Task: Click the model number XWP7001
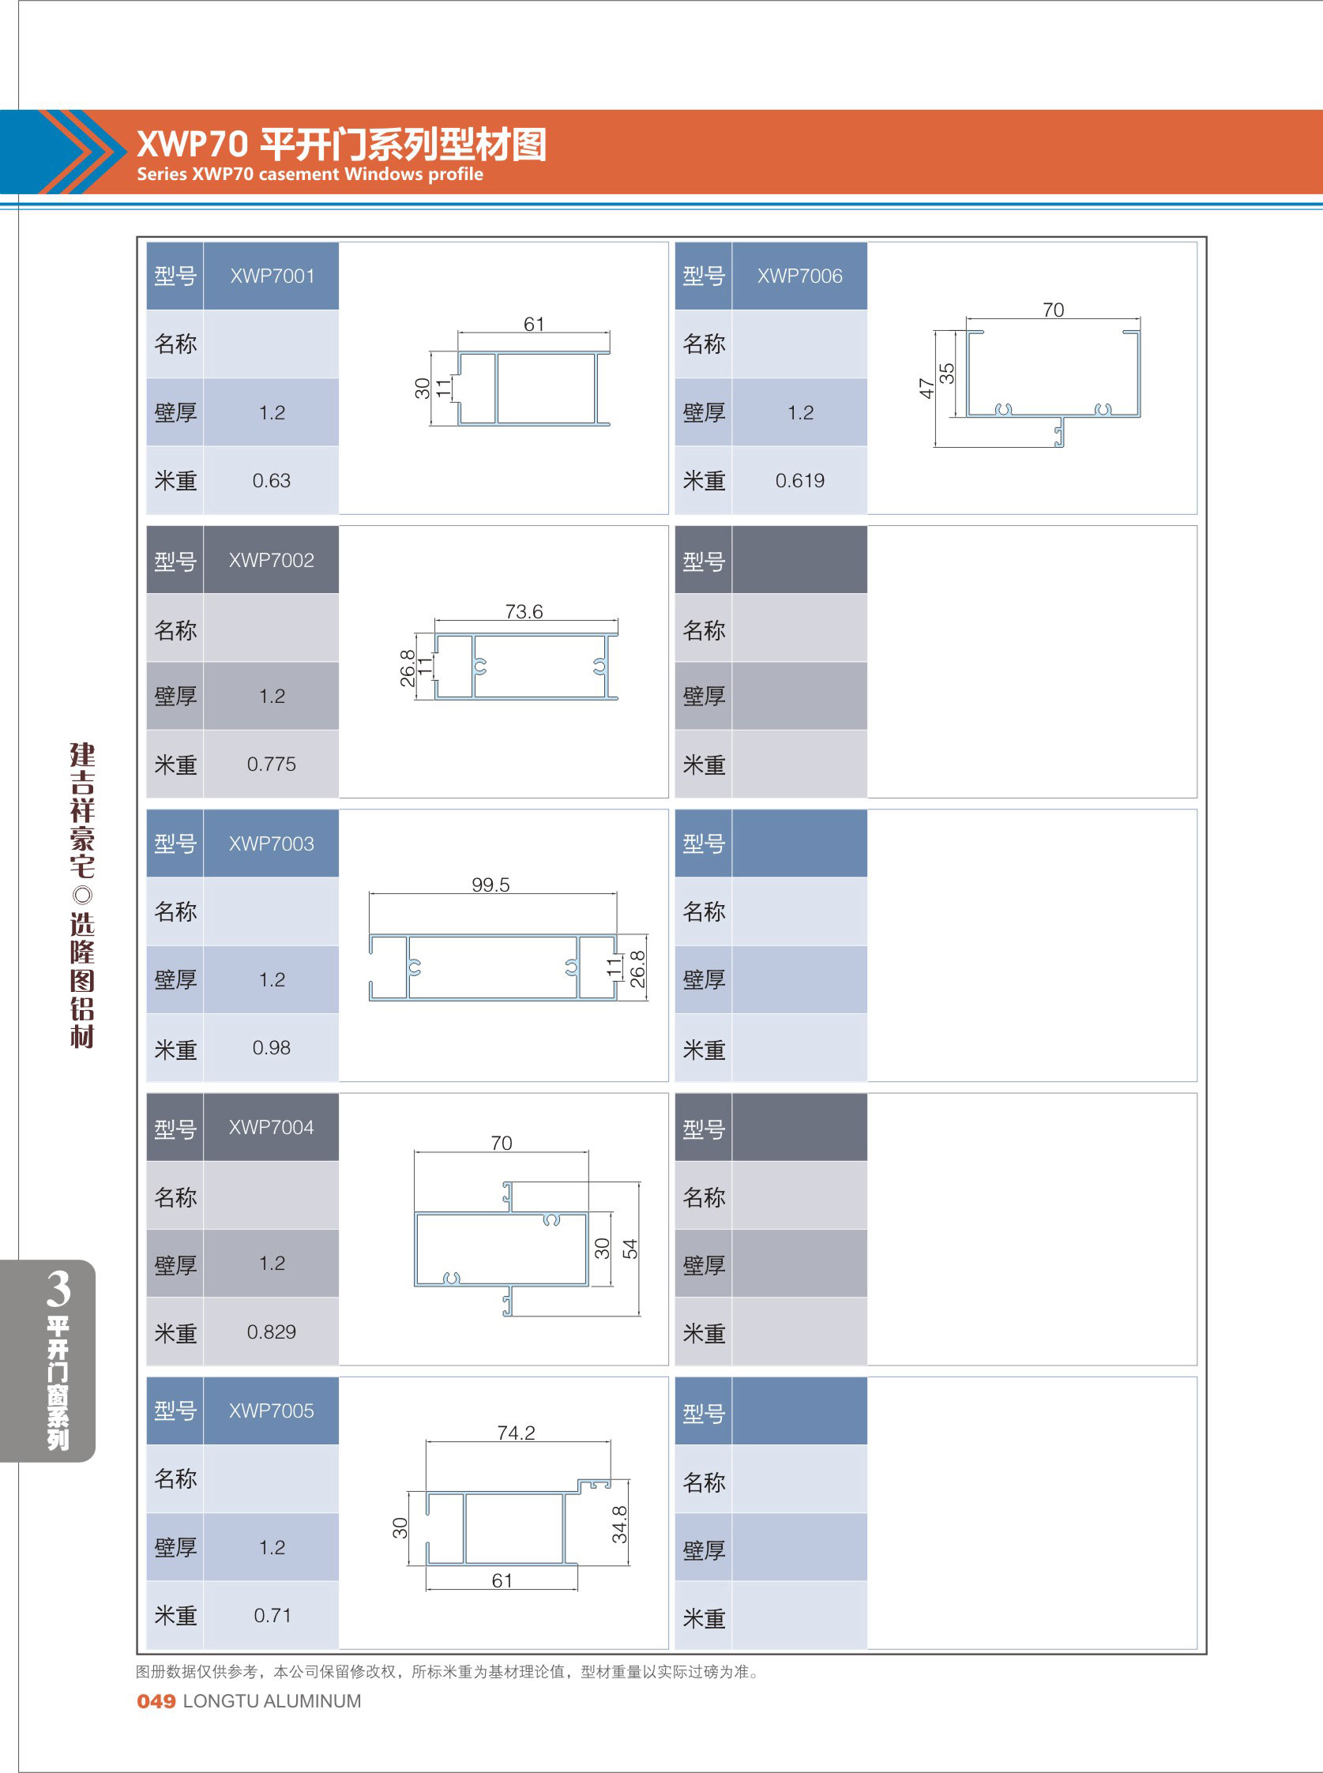[x=272, y=276]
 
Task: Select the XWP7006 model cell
[x=799, y=276]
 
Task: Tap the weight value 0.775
[x=271, y=764]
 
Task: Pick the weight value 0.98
[x=271, y=1047]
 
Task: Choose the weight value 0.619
[x=799, y=480]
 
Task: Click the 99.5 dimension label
[x=490, y=885]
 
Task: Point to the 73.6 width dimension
[x=524, y=612]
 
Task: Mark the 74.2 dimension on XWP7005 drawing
[x=516, y=1433]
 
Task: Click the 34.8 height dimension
[x=620, y=1524]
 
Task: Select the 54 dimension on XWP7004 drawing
[x=630, y=1249]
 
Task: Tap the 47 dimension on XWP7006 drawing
[x=926, y=389]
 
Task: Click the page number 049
[x=156, y=1701]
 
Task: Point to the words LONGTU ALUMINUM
[x=272, y=1701]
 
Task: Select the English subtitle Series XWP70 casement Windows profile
[x=310, y=175]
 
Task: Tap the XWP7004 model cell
[x=271, y=1128]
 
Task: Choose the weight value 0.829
[x=271, y=1332]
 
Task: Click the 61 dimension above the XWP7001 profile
[x=533, y=325]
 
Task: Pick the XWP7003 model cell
[x=271, y=843]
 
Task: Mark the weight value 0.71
[x=272, y=1615]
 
